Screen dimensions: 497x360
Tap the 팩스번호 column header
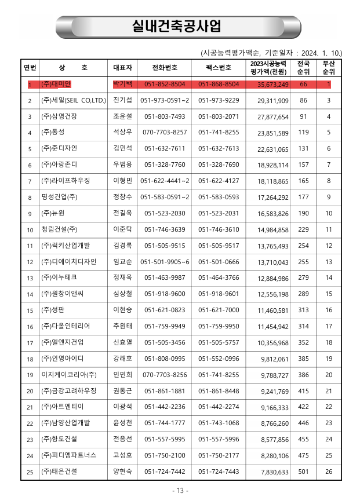[219, 67]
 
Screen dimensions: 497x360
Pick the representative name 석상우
[123, 133]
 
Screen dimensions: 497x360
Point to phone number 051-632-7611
[165, 149]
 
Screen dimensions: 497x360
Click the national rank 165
[303, 181]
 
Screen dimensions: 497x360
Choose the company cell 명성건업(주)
[60, 198]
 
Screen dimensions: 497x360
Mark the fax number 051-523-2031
[219, 214]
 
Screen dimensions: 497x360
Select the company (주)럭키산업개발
[66, 246]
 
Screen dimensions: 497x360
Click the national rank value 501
[303, 472]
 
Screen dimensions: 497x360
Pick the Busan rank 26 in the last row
[329, 472]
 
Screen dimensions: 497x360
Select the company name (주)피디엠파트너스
[69, 456]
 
